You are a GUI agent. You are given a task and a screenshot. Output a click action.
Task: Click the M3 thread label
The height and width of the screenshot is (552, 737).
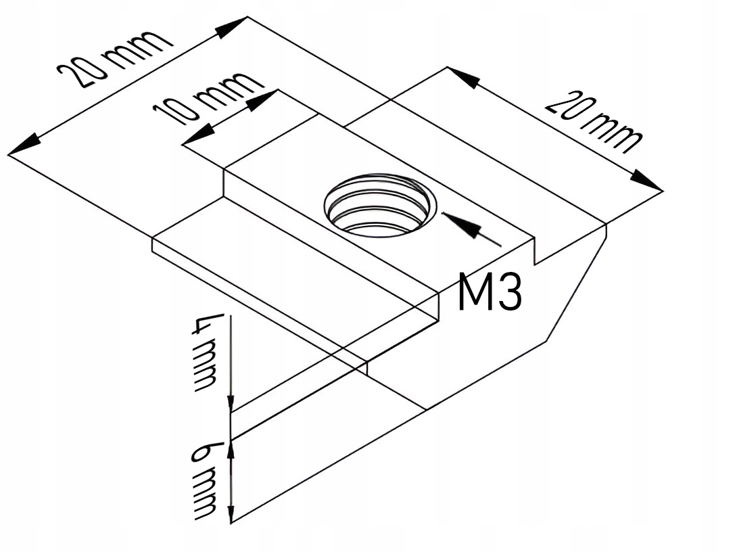point(490,292)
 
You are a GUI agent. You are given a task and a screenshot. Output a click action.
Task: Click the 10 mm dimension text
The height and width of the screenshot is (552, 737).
point(207,99)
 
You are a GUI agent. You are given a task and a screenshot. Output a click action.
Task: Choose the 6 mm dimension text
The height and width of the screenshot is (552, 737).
point(204,481)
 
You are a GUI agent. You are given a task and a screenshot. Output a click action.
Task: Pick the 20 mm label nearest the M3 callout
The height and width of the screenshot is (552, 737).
point(594,122)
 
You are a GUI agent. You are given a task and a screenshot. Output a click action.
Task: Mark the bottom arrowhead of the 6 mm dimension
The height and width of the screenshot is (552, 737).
point(231,513)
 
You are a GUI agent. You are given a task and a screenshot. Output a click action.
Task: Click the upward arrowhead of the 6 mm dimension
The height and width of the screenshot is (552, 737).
point(231,449)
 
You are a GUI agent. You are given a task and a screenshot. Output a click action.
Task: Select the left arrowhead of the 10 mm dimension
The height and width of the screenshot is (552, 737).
point(198,137)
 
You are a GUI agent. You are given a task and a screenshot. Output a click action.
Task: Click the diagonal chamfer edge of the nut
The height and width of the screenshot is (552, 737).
point(576,283)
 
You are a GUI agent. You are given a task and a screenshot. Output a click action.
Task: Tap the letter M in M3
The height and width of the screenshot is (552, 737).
point(474,292)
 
